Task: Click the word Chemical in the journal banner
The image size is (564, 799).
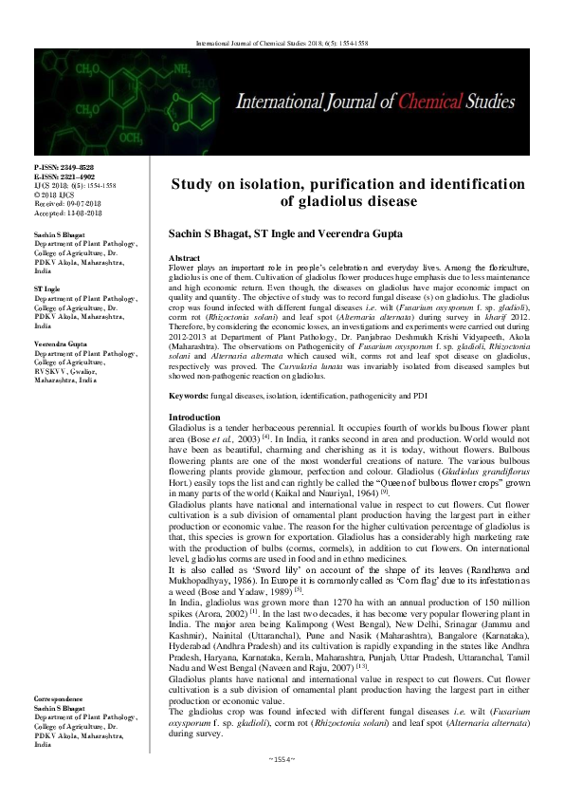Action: (x=422, y=100)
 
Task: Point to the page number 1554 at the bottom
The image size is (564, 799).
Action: (x=282, y=787)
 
